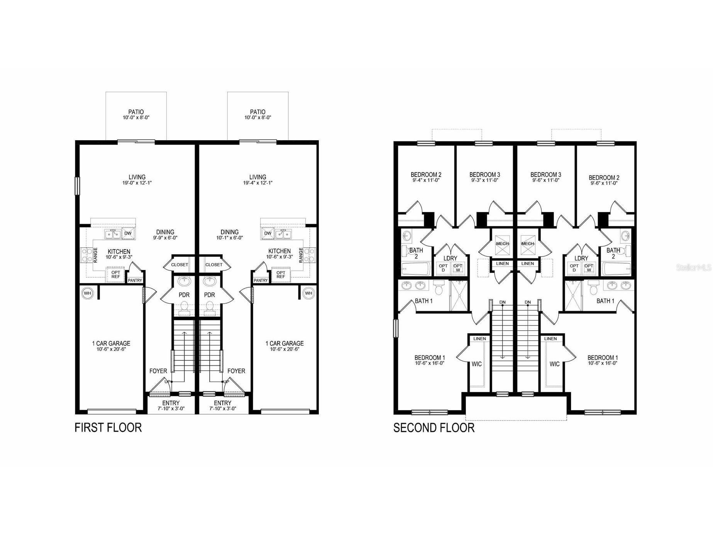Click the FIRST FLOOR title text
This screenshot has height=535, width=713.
[108, 428]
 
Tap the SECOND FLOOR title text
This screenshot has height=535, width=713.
[434, 428]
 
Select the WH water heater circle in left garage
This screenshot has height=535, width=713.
[88, 293]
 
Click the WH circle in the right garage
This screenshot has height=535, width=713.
[308, 293]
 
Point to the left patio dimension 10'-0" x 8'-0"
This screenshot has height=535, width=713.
[136, 117]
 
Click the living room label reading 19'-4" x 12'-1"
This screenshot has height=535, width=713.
[257, 183]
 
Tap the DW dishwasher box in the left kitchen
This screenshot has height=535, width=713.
[128, 233]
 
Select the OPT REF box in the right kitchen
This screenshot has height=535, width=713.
[281, 275]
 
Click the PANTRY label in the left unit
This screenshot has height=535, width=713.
[135, 280]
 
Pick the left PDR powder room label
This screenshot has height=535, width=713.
[184, 295]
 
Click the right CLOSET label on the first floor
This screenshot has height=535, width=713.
[214, 265]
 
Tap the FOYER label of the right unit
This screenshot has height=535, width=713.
[236, 371]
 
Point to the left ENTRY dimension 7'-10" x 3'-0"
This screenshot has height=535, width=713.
[171, 408]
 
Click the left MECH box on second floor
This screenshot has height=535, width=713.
[502, 244]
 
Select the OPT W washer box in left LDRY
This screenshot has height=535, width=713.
[458, 268]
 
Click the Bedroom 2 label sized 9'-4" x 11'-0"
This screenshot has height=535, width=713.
[426, 177]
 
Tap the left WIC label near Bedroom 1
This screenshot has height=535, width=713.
[477, 364]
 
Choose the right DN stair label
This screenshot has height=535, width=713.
[528, 302]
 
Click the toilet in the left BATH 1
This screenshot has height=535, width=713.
[439, 289]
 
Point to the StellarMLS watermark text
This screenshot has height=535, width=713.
[693, 267]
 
